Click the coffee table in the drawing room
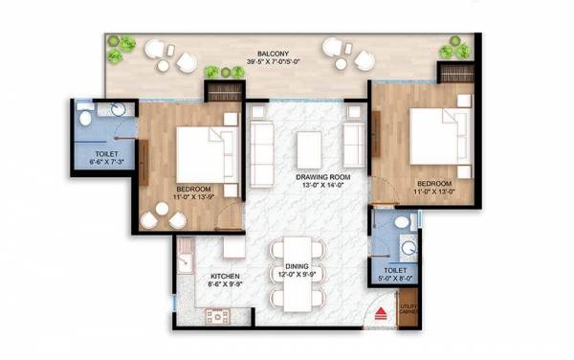tap(309, 148)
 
